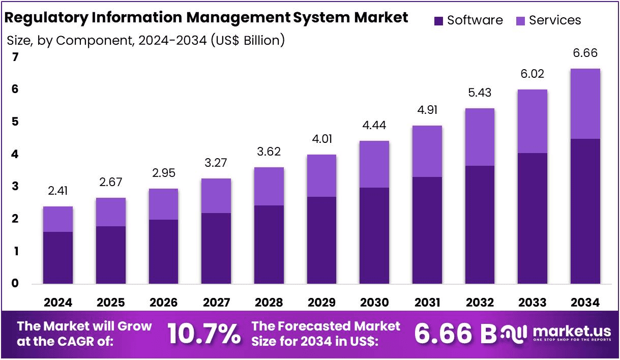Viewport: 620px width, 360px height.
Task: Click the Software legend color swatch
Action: tap(438, 21)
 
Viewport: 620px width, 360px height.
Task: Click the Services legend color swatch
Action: tap(520, 21)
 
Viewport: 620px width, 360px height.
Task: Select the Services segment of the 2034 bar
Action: tap(585, 104)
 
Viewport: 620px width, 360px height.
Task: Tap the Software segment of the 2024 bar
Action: tap(58, 258)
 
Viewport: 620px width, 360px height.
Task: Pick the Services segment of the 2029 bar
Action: tap(321, 176)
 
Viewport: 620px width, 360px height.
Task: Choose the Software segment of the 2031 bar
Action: tap(427, 230)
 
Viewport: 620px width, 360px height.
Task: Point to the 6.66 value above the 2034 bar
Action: tap(585, 53)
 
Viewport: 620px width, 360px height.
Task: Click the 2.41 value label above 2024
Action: tap(57, 191)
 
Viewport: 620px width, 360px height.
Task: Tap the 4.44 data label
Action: tap(374, 126)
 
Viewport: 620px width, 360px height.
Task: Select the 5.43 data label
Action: tap(480, 93)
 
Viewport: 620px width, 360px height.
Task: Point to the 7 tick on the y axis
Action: tap(15, 57)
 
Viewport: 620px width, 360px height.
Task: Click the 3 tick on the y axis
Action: tap(15, 186)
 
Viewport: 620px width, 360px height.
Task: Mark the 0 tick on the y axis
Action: tap(15, 283)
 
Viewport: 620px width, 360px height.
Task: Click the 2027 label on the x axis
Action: tap(216, 303)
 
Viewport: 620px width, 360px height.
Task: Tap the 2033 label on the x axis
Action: tap(532, 303)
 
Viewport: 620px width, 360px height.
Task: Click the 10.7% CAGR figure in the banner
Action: tap(204, 334)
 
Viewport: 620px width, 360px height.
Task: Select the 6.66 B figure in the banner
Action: tap(456, 334)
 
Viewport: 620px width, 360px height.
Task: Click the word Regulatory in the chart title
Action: tap(46, 18)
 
